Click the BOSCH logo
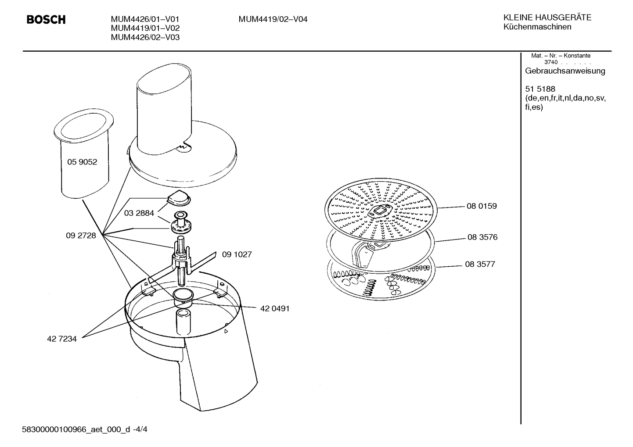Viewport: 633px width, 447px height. pyautogui.click(x=46, y=19)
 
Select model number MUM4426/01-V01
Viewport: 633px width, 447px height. pyautogui.click(x=145, y=19)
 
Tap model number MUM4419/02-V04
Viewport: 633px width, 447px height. pyautogui.click(x=273, y=19)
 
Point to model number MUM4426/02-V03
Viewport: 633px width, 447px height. pyautogui.click(x=145, y=37)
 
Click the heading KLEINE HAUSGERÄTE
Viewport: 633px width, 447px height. pyautogui.click(x=547, y=18)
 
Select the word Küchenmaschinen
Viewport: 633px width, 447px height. pyautogui.click(x=537, y=27)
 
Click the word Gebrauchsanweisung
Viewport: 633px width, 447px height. pyautogui.click(x=565, y=71)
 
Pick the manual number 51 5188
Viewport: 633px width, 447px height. pyautogui.click(x=540, y=89)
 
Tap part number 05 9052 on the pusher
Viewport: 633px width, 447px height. pyautogui.click(x=82, y=162)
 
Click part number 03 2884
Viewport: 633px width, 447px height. pyautogui.click(x=139, y=213)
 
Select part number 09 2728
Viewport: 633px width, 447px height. pyautogui.click(x=81, y=236)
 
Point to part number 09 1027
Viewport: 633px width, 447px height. pyautogui.click(x=237, y=254)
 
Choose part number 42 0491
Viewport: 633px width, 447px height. pyautogui.click(x=275, y=309)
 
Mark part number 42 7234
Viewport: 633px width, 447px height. pyautogui.click(x=61, y=339)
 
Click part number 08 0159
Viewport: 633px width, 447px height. pyautogui.click(x=482, y=206)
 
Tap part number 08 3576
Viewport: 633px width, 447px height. pyautogui.click(x=482, y=237)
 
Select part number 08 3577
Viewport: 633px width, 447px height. pyautogui.click(x=480, y=265)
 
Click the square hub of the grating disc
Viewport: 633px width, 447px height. pyautogui.click(x=380, y=211)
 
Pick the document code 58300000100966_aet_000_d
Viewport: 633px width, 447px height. pyautogui.click(x=76, y=429)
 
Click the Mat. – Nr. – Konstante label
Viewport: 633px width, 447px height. pyautogui.click(x=561, y=56)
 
